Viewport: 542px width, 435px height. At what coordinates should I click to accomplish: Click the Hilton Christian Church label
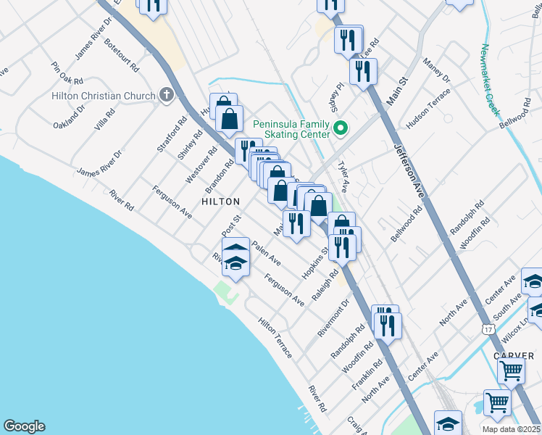104,96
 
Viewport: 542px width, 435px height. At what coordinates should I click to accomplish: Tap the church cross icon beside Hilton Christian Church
167,95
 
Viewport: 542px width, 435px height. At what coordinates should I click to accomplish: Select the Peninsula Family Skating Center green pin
338,129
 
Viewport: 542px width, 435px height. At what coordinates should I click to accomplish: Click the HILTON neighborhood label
220,202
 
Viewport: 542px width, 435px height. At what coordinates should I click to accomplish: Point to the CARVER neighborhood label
514,356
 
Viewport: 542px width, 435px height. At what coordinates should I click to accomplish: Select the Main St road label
394,95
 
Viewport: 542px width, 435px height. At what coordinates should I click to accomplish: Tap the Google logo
24,426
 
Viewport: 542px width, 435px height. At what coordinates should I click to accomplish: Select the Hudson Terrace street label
428,109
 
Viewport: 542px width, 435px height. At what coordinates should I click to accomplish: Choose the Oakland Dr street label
69,117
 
